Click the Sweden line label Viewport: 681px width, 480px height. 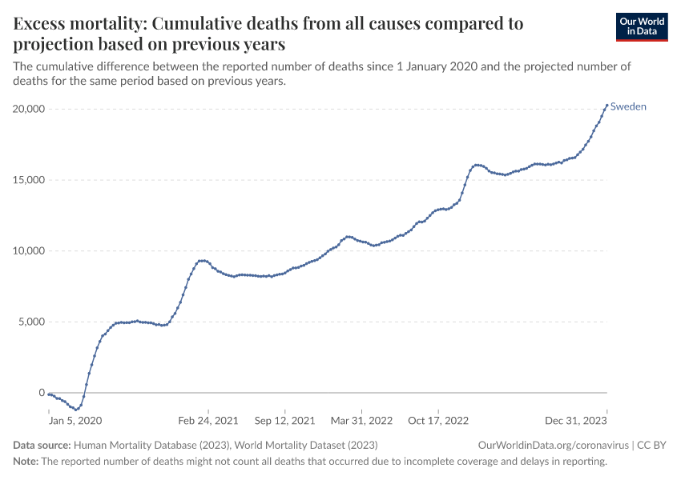click(x=628, y=106)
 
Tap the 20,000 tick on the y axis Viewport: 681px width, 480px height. click(x=28, y=109)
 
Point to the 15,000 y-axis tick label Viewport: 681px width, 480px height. click(x=28, y=180)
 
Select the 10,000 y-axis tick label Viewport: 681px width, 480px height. click(x=28, y=251)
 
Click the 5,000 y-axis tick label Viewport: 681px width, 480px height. click(x=31, y=322)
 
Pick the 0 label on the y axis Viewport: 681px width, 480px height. click(x=41, y=393)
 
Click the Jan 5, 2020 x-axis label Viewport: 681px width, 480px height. click(x=75, y=419)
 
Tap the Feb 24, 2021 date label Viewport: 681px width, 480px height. click(x=208, y=419)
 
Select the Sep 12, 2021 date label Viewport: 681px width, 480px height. click(x=284, y=419)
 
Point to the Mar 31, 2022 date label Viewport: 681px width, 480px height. click(x=361, y=419)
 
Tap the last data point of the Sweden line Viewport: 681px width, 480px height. click(x=606, y=105)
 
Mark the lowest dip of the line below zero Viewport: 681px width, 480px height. click(x=76, y=410)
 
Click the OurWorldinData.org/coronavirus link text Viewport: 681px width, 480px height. click(x=552, y=445)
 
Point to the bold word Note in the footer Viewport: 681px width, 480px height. click(x=26, y=462)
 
